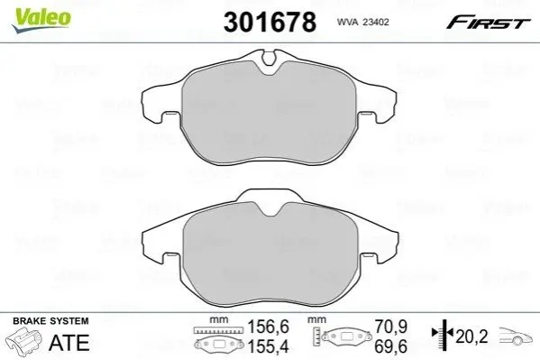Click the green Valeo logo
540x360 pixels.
[x=41, y=20]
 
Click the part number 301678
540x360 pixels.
[x=270, y=22]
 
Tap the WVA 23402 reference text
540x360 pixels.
[x=363, y=22]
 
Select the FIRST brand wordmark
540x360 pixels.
[x=488, y=23]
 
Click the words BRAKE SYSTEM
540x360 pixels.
[x=50, y=321]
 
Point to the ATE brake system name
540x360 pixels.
[x=69, y=343]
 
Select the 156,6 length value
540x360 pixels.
[x=269, y=327]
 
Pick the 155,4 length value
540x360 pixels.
[x=269, y=346]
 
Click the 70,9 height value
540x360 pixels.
[x=391, y=327]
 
